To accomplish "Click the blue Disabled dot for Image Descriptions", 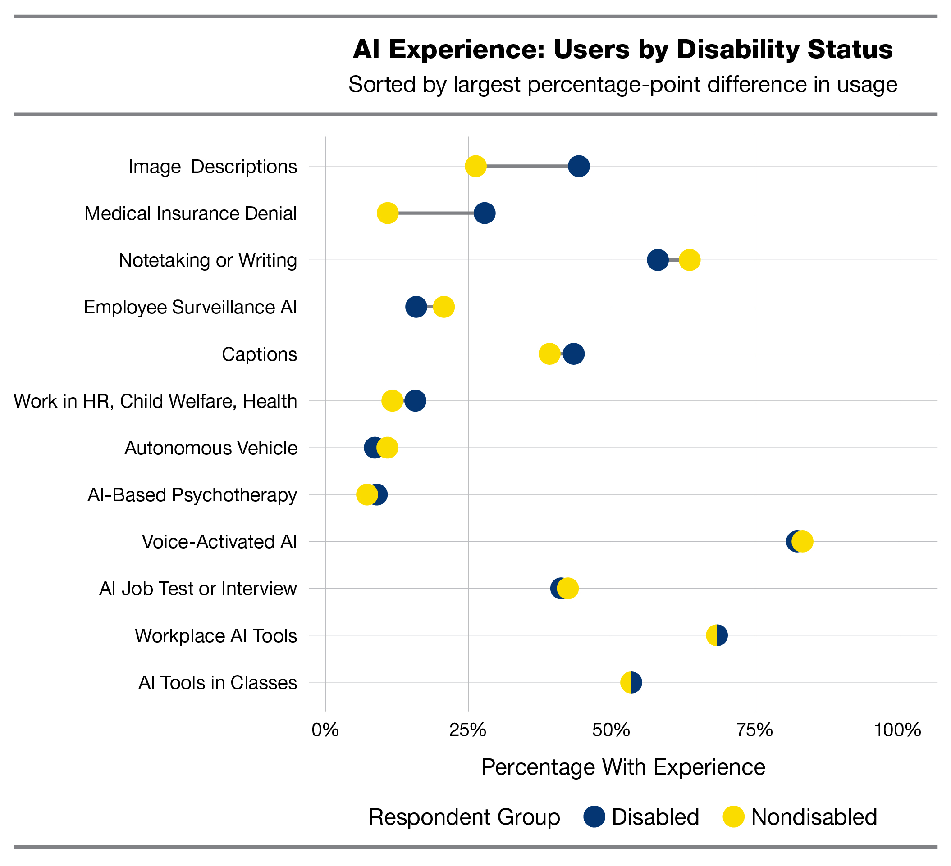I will pos(579,167).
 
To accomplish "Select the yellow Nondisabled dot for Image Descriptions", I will pos(475,167).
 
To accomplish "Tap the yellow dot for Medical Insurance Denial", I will pos(387,213).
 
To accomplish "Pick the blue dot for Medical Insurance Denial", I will pos(485,213).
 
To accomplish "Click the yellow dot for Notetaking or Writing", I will pos(689,260).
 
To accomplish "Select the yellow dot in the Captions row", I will pos(549,354).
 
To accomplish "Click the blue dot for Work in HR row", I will pos(416,401).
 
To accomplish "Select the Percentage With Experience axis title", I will pos(623,767).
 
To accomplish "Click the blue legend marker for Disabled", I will pos(594,817).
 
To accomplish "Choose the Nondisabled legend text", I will pos(814,817).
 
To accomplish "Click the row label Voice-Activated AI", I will pos(219,542).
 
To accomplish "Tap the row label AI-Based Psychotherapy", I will pos(192,495).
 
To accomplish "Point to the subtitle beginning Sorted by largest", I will pos(623,85).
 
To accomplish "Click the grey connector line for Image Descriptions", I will pos(527,167).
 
